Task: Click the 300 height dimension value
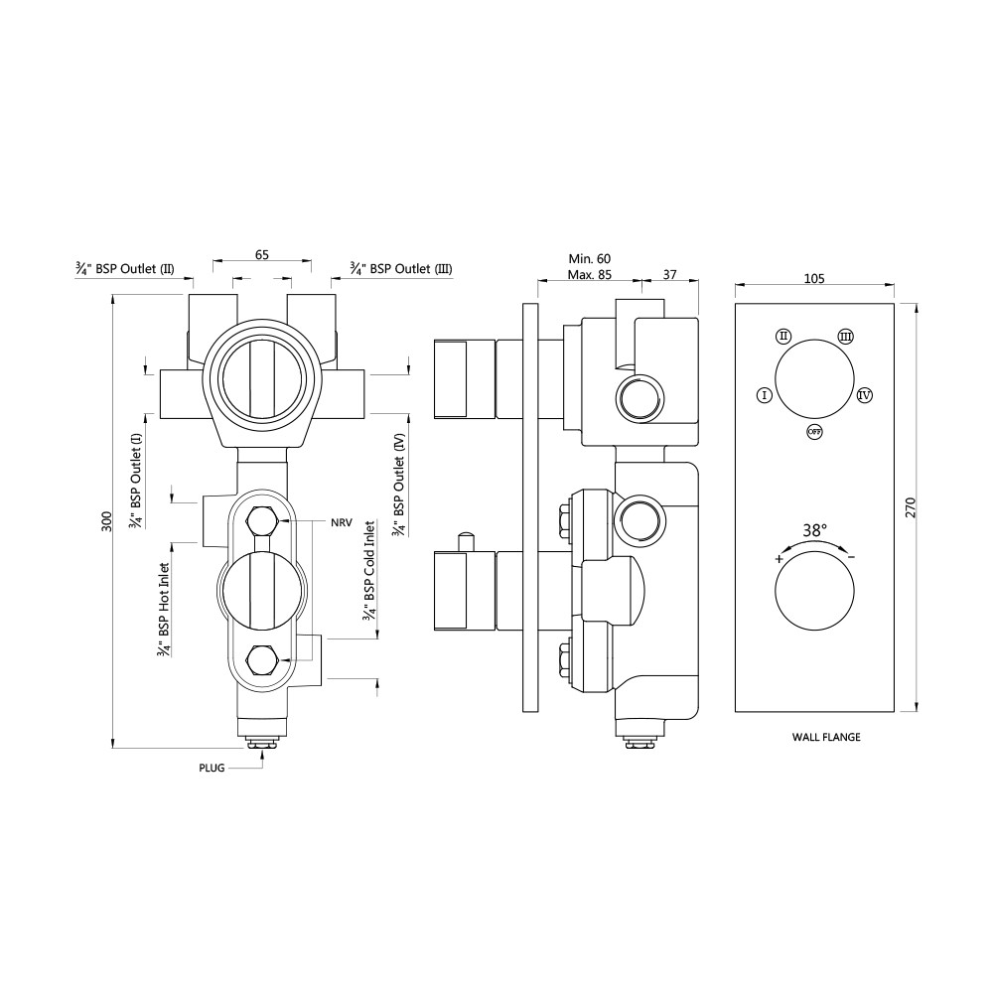coord(107,521)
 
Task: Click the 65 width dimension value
coord(261,254)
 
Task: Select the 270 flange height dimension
coord(910,507)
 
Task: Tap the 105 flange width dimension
coord(814,279)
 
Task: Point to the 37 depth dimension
coord(669,275)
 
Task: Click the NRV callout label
coord(342,523)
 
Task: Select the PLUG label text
coord(212,769)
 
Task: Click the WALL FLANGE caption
coord(826,737)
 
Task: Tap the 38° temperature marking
coord(814,530)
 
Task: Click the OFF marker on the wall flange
coord(814,432)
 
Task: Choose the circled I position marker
coord(765,396)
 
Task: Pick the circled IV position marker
coord(865,396)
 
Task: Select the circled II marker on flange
coord(783,336)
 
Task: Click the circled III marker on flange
coord(845,336)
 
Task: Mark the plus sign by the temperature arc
coord(779,558)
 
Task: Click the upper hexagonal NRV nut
coord(261,521)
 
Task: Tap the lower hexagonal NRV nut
coord(261,659)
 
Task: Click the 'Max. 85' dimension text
coord(589,275)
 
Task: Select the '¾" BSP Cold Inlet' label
coord(369,571)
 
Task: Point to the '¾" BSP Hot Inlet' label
coord(164,610)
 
